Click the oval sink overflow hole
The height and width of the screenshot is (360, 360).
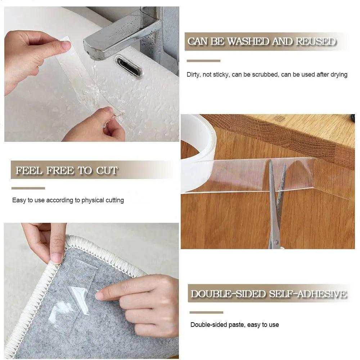pos(129,66)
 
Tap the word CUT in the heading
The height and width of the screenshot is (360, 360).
pos(107,170)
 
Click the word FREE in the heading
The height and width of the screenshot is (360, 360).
pos(59,170)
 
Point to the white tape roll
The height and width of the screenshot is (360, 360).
pos(197,151)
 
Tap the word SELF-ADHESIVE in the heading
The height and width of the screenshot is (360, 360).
pos(308,294)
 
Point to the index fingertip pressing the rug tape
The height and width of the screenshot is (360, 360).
pos(100,296)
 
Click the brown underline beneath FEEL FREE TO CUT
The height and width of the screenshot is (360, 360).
pos(28,188)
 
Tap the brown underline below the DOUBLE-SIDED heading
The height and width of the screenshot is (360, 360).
pos(206,312)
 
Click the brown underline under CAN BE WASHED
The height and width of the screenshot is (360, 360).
pos(203,60)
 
